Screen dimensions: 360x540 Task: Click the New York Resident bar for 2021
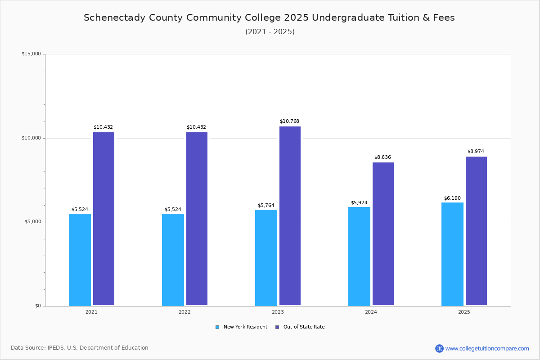pos(80,260)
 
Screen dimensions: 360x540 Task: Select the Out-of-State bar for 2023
pos(290,216)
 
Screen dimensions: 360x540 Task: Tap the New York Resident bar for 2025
pos(452,254)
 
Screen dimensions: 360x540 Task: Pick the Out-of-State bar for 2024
pos(383,234)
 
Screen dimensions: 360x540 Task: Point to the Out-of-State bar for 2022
pos(197,219)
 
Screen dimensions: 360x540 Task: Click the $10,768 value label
pos(289,121)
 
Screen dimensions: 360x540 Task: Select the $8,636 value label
pos(382,157)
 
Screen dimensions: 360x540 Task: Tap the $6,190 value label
pos(452,198)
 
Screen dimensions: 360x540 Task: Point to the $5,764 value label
pos(266,206)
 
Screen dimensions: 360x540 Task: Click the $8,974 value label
pos(476,152)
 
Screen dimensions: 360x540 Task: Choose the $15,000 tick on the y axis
pos(31,54)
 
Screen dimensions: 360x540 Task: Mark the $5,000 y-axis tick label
pos(32,222)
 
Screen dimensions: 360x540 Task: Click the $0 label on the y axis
pos(38,306)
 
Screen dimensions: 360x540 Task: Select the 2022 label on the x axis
pos(184,312)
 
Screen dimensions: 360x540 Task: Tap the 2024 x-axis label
pos(371,312)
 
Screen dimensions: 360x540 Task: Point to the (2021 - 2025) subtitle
pos(270,32)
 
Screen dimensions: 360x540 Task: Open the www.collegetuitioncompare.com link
pos(487,348)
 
